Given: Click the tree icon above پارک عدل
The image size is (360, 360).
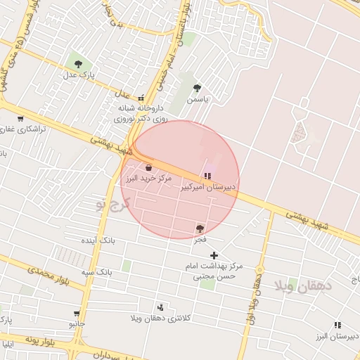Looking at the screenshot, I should pos(77,64).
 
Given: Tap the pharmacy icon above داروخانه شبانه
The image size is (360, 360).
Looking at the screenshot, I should pos(141,98).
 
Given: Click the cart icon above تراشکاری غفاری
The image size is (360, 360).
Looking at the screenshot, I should pos(20,119).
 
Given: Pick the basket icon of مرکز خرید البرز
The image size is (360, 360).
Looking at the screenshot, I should pos(149,167).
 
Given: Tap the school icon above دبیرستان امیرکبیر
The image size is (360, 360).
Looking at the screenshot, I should pos(207,175).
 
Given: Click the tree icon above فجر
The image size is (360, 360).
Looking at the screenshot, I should pos(200,229).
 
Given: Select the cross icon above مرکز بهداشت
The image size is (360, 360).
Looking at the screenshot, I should pos(214,255).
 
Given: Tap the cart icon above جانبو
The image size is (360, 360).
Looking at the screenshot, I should pos(77,314).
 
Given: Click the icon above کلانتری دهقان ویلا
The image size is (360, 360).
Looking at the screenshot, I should pos(160,307).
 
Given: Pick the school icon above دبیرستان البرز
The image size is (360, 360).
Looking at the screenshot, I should pos(337,325).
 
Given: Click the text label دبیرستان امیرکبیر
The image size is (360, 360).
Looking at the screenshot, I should pos(210,188).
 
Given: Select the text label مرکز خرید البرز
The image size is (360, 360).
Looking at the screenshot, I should pos(148,179).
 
